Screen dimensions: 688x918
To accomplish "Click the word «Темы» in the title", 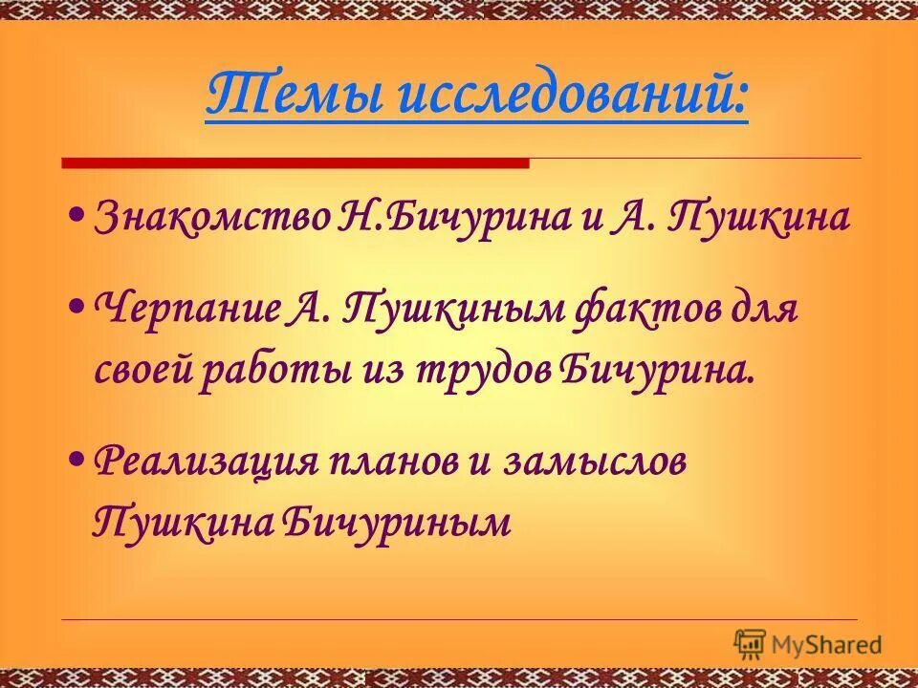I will click(272, 96).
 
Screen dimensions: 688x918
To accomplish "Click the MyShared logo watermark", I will click(808, 645).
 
